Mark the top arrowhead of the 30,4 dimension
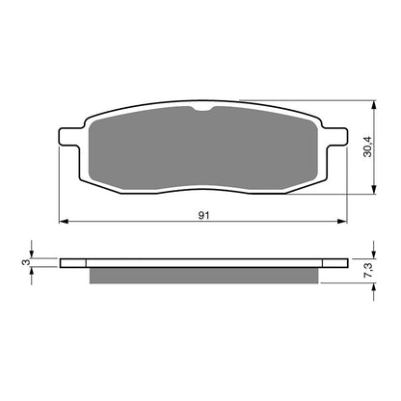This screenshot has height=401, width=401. pos(373,103)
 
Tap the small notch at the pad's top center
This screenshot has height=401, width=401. pos(203,112)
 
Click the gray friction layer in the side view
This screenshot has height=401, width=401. pos(203,276)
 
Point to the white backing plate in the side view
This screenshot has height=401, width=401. pos(203,262)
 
